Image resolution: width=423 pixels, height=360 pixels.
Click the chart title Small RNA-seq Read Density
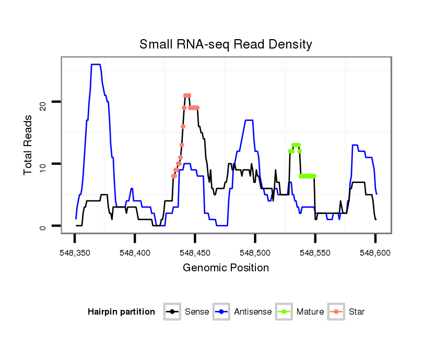226,44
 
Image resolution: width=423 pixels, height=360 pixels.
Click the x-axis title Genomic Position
226,268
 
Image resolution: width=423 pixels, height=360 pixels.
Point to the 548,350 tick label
75,252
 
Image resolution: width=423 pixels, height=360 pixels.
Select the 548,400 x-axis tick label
135,252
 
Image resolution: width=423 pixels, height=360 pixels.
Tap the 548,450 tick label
195,252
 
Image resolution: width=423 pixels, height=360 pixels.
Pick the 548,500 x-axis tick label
255,252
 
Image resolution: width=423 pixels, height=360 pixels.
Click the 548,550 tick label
315,252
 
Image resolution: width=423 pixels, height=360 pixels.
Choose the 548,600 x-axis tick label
375,252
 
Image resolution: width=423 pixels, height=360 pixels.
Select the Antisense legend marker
221,311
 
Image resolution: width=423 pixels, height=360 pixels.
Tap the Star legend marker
336,311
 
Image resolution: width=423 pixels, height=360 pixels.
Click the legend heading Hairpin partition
121,312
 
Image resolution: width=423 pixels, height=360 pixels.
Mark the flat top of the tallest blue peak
96,65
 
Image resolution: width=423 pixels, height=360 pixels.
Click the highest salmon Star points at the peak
187,95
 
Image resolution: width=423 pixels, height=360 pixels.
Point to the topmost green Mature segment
296,145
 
